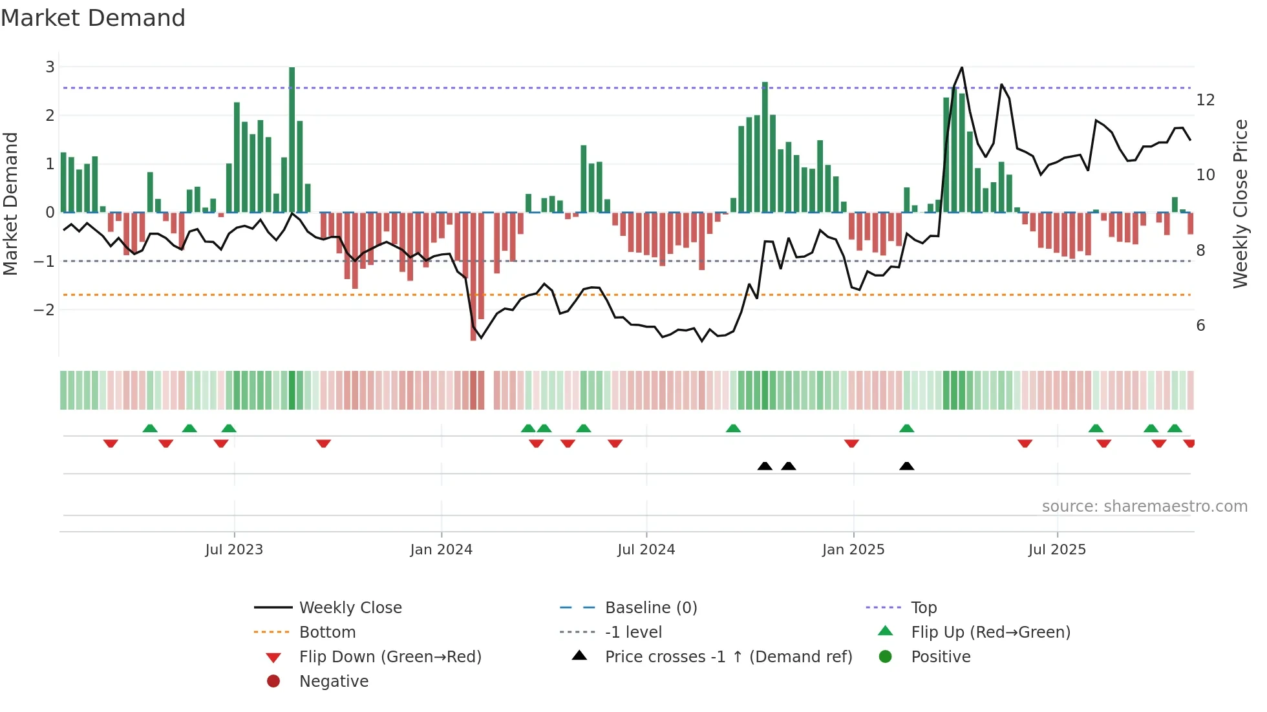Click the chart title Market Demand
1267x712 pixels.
click(x=93, y=18)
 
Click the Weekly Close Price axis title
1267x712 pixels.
click(x=1240, y=204)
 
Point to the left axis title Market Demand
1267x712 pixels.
click(x=11, y=204)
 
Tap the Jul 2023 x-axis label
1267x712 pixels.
click(x=234, y=550)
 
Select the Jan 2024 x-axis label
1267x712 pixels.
click(x=442, y=550)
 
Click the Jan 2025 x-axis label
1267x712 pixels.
click(x=853, y=550)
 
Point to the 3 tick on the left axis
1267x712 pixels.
click(x=50, y=67)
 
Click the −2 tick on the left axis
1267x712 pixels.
click(x=45, y=309)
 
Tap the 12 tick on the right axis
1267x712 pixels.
click(x=1206, y=100)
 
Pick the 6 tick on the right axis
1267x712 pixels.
click(x=1200, y=326)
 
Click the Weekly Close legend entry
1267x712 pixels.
click(x=350, y=608)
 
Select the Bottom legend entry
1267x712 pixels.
click(x=327, y=633)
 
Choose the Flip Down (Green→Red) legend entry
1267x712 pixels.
click(x=390, y=657)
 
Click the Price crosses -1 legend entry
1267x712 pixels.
click(x=728, y=657)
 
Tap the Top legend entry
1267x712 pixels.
click(x=924, y=608)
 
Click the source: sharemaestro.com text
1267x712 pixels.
click(x=1144, y=507)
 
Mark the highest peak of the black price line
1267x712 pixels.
click(x=962, y=67)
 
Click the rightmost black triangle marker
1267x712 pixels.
click(x=907, y=466)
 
